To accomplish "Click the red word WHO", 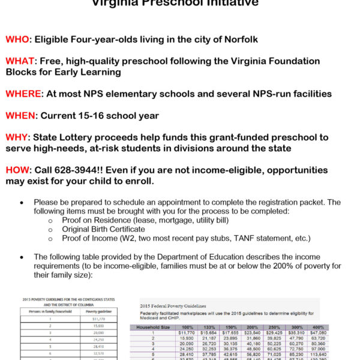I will pos(18,40).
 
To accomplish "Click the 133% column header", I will pos(210,327).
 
